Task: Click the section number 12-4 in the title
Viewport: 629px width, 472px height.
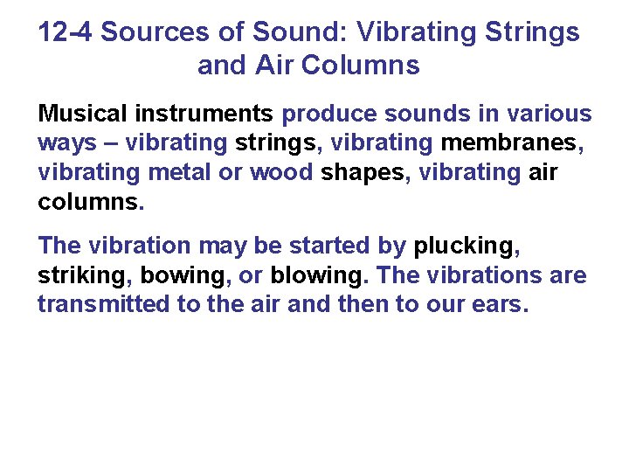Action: click(x=66, y=33)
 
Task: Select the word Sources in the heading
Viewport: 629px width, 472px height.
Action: click(x=153, y=33)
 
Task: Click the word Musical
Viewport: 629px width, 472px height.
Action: click(x=79, y=114)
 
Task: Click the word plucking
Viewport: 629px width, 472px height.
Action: click(x=465, y=246)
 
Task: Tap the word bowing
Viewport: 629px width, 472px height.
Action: click(x=183, y=276)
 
